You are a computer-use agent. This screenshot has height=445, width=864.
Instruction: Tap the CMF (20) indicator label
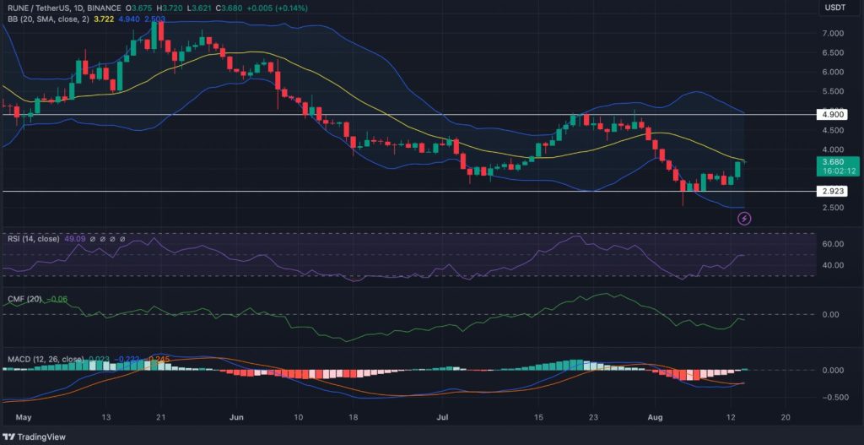25,299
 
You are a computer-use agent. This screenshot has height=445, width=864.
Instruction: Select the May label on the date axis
24,417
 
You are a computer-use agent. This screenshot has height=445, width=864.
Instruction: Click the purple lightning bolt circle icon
744,219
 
